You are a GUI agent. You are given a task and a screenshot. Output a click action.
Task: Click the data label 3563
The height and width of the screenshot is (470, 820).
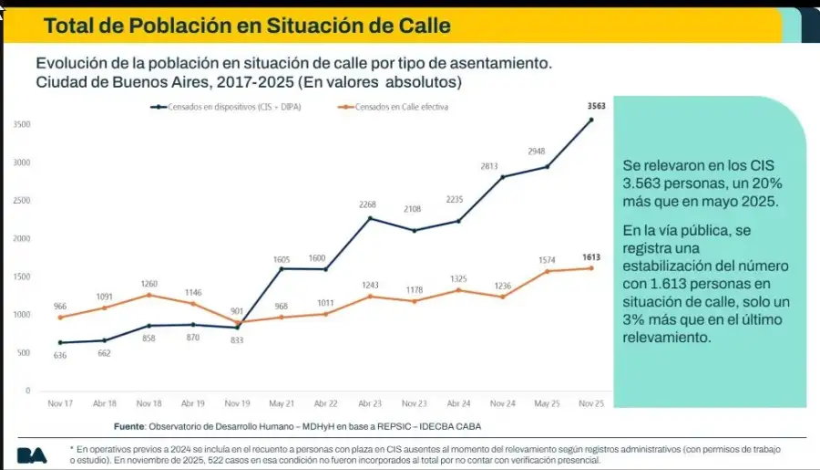point(590,107)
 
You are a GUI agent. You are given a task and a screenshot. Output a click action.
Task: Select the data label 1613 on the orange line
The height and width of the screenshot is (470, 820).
point(591,257)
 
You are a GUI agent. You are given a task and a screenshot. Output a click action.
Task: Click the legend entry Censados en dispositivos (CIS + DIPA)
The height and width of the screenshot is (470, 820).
point(228,107)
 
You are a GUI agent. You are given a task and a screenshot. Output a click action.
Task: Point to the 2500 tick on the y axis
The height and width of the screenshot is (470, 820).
point(22,200)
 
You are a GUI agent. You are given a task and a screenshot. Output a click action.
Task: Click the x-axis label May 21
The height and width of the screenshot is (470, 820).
point(282,402)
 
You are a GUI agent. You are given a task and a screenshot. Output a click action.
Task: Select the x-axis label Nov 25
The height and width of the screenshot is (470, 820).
point(590,402)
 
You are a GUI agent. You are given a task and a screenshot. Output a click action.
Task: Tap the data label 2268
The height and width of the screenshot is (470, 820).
point(369,205)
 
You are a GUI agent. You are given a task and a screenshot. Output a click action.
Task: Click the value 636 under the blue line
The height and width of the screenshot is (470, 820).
point(60,356)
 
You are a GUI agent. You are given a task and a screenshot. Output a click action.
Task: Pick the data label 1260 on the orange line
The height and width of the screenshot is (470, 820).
point(149,284)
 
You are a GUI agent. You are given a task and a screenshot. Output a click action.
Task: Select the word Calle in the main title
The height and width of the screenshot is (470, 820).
point(419,26)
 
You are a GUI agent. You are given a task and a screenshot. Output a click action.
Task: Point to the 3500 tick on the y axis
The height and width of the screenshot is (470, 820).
point(22,124)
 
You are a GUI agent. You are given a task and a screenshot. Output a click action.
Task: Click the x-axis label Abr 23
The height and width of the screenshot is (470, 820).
point(369,402)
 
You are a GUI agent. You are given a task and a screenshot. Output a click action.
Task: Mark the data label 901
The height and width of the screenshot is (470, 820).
point(237,310)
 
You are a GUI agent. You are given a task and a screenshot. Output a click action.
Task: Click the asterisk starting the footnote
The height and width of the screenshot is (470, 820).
point(73,449)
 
